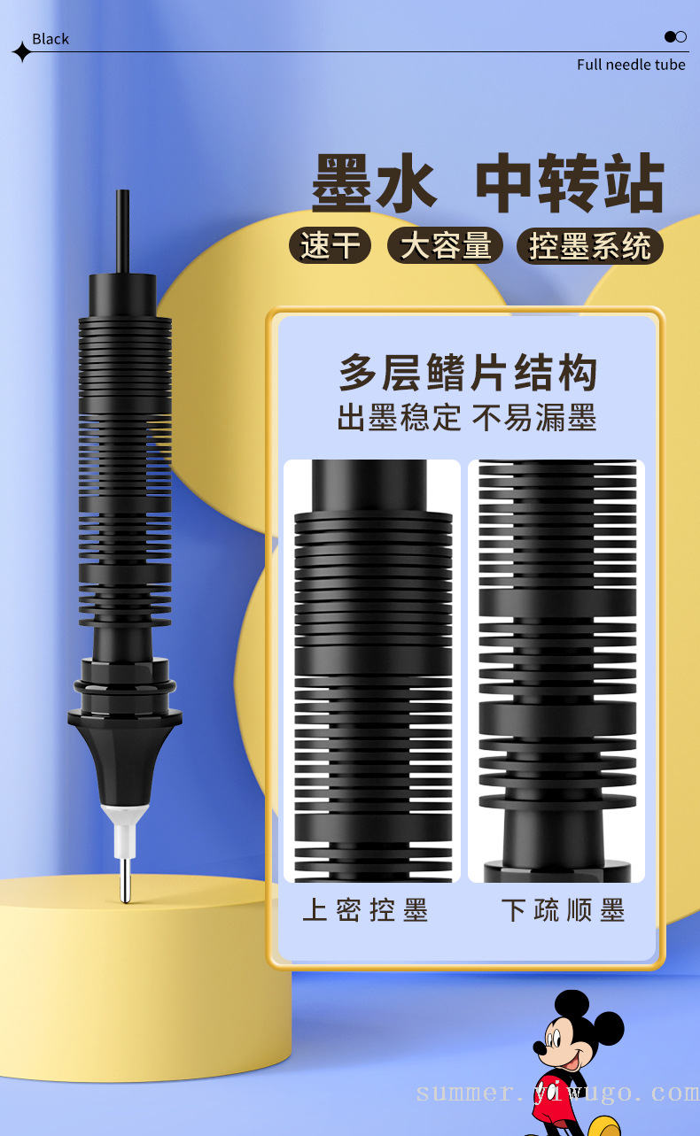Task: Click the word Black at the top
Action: (x=51, y=39)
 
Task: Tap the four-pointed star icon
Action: (x=22, y=51)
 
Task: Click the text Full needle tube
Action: (x=631, y=65)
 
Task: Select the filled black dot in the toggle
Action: (x=670, y=36)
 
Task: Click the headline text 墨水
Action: (x=375, y=183)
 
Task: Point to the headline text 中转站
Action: (x=570, y=182)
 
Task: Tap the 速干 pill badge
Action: (x=330, y=245)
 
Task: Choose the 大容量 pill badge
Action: (x=445, y=245)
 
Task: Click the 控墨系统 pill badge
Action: (x=590, y=246)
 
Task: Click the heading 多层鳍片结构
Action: (x=468, y=373)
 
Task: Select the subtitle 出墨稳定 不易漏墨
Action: (x=467, y=418)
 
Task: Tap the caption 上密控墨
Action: (x=365, y=909)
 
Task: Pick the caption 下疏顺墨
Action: (x=563, y=909)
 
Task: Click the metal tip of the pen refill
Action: (x=125, y=880)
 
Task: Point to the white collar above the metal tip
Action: (x=124, y=831)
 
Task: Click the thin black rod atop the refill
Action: (x=122, y=231)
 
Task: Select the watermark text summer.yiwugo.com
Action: (x=557, y=1093)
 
